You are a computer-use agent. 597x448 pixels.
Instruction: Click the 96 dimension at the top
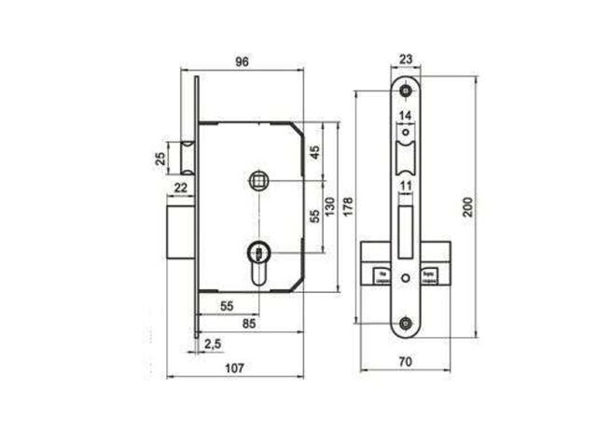tap(242, 62)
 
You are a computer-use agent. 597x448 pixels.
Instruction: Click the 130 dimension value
tap(328, 205)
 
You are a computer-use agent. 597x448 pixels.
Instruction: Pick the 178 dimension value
tap(346, 204)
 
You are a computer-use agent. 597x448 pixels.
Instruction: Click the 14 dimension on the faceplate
tap(405, 116)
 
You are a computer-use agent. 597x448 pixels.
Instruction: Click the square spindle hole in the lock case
tap(258, 179)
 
